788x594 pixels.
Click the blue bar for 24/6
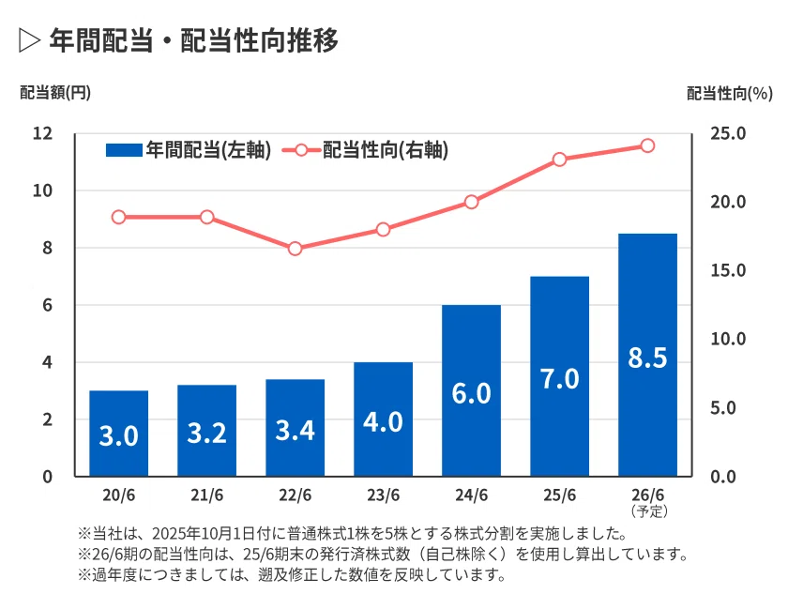coord(471,390)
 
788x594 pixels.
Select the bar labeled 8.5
coord(648,355)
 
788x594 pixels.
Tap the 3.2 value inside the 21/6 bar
coord(206,433)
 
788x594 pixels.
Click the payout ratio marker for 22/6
coord(295,249)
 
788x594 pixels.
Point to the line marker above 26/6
coord(648,145)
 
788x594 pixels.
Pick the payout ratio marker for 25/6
coord(559,160)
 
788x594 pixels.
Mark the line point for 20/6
coord(118,217)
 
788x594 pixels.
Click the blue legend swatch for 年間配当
coord(124,150)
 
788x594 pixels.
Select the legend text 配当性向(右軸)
coord(386,150)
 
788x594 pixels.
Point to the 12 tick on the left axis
coord(43,133)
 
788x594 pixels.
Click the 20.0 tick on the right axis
coord(728,202)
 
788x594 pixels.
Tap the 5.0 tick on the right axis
coord(723,407)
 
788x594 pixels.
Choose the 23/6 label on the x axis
coord(383,495)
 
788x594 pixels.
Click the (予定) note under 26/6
coord(649,511)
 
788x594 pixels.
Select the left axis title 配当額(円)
coord(55,93)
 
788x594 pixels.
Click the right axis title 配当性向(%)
coord(730,94)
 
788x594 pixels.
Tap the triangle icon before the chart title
coord(29,40)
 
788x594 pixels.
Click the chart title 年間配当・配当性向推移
coord(194,40)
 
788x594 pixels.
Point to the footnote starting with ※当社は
coord(352,533)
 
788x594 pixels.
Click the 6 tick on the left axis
coord(47,305)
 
